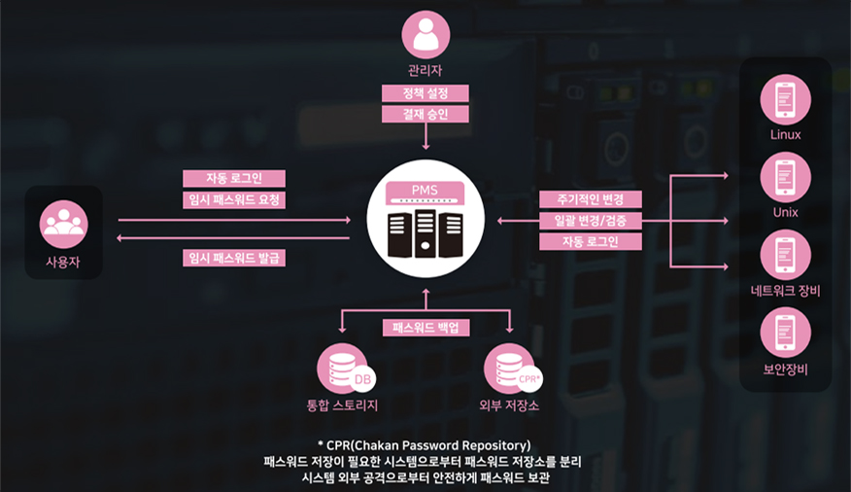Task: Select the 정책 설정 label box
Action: click(425, 93)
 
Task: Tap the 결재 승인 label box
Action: click(425, 115)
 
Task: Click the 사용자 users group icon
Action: click(64, 225)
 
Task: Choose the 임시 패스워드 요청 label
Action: click(234, 200)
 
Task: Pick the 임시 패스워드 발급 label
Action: click(234, 258)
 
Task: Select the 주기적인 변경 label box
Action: click(592, 200)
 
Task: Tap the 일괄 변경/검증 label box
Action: click(592, 221)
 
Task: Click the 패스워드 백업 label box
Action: click(425, 328)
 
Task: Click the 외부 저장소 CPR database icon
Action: click(511, 370)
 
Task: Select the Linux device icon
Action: click(785, 99)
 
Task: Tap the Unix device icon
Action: click(785, 176)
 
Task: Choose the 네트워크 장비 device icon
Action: click(785, 254)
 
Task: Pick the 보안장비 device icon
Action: click(785, 332)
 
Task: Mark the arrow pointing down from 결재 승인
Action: click(425, 138)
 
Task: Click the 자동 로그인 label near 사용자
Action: click(234, 179)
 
